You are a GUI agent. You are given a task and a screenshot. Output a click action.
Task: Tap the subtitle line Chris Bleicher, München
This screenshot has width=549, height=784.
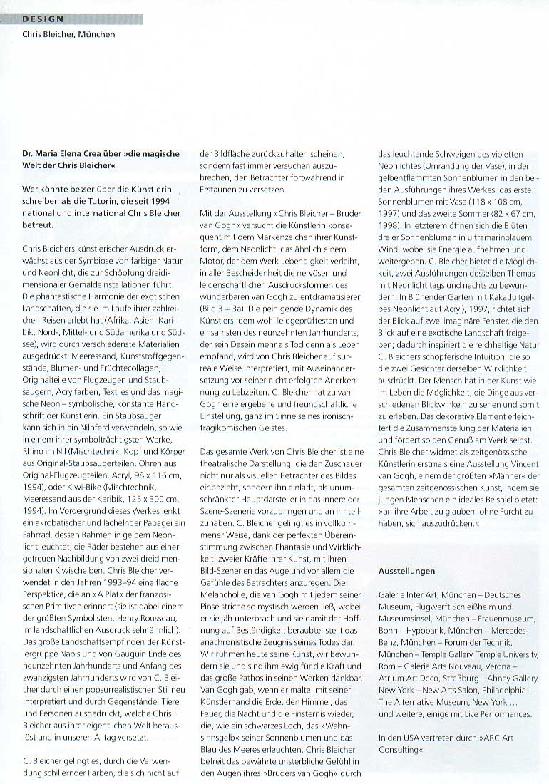(x=68, y=34)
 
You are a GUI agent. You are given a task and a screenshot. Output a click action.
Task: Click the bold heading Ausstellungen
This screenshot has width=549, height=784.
(x=406, y=571)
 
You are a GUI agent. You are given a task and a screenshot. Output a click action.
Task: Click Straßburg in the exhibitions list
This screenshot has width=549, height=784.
(x=454, y=679)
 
